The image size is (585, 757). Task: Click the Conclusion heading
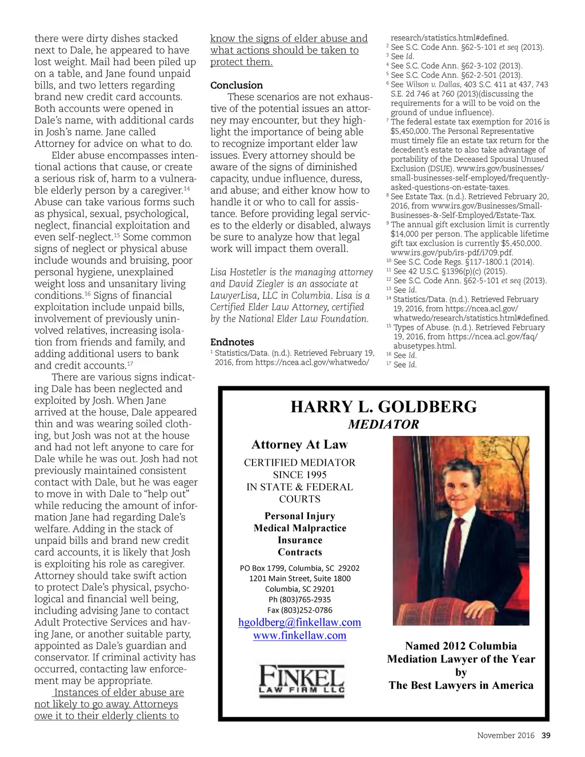[237, 85]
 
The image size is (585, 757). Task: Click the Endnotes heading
[232, 342]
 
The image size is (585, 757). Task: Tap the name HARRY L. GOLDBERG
[383, 407]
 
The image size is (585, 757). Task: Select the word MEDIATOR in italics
[383, 424]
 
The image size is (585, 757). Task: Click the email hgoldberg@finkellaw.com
[299, 622]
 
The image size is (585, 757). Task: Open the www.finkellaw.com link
[299, 635]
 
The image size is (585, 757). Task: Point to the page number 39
[546, 735]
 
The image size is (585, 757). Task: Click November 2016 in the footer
[506, 735]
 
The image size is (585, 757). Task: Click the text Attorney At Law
[299, 444]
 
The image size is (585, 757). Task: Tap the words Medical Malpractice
[300, 528]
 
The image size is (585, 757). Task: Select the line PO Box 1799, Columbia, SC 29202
[299, 568]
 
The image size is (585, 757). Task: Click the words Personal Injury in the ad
[300, 516]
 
